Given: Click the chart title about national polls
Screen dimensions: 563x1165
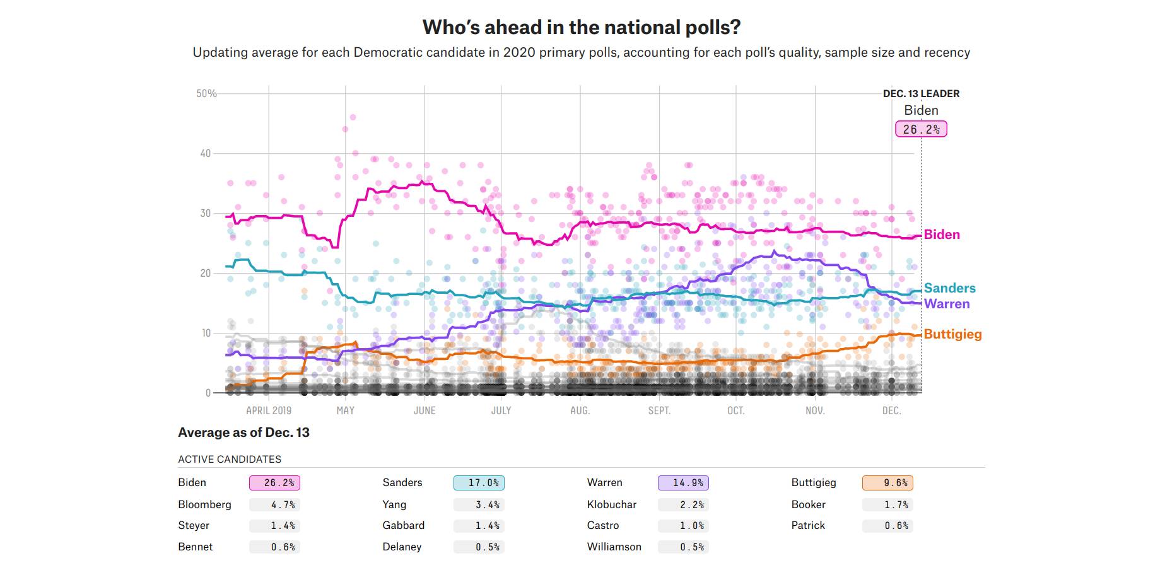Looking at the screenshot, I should point(581,27).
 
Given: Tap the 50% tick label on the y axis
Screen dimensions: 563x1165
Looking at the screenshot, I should point(206,93).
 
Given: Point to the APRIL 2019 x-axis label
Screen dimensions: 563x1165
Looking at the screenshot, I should point(269,410).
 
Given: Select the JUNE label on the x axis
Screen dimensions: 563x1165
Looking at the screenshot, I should point(424,410).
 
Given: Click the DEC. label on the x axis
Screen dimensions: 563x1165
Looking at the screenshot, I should point(891,410).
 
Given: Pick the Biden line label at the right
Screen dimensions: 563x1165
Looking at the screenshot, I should point(942,235).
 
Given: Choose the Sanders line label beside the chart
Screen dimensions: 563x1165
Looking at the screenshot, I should point(949,288).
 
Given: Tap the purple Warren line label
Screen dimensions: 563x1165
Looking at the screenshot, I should point(947,304).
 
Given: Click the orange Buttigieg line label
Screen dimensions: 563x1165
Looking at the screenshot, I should point(952,334).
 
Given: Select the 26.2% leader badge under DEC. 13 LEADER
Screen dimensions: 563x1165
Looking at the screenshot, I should point(921,129).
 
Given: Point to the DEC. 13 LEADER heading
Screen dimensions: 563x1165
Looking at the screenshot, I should point(921,93).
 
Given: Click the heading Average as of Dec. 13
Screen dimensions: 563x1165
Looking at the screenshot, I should point(243,432).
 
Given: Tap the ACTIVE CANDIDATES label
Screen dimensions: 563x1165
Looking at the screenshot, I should point(230,459).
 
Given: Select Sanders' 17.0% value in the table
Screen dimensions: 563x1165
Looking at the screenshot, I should point(479,483).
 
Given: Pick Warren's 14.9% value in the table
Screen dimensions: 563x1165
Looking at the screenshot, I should point(683,483).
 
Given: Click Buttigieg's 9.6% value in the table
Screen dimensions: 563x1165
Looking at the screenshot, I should point(887,483).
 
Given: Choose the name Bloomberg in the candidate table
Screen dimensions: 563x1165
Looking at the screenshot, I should point(204,504).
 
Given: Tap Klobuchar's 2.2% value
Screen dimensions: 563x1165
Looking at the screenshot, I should point(683,504).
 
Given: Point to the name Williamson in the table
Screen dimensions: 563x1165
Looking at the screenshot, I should point(614,547).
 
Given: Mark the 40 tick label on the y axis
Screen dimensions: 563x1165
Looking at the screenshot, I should point(206,153).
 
